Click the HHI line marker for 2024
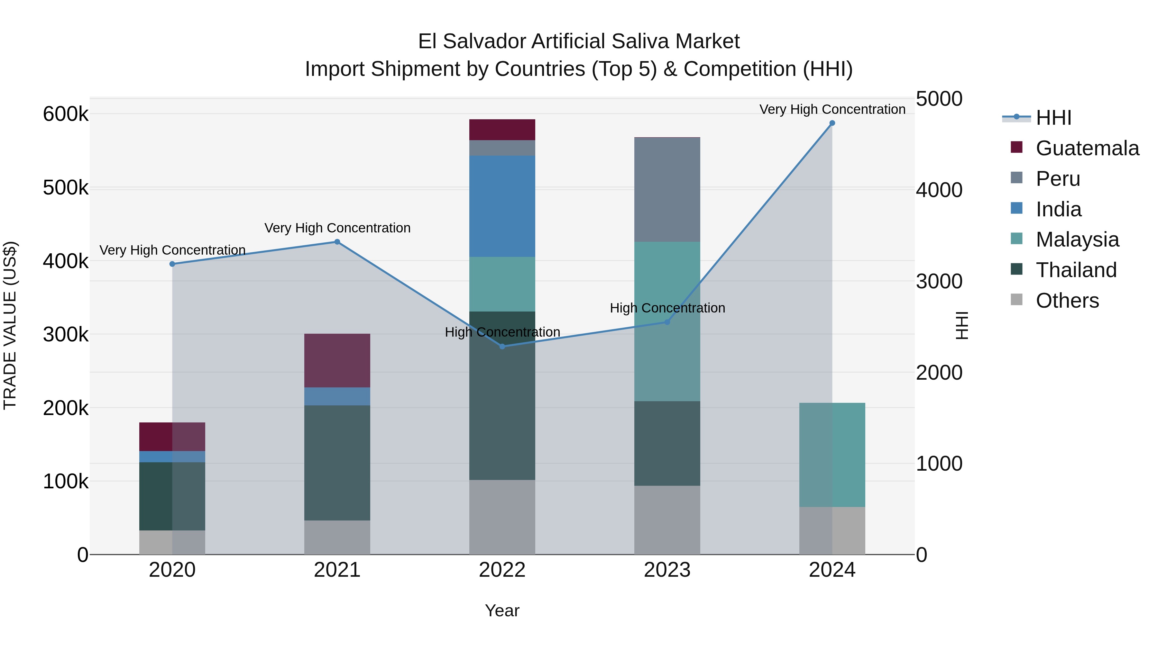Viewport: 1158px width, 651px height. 832,123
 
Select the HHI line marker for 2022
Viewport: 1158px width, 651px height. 502,346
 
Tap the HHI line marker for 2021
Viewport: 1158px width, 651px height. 337,242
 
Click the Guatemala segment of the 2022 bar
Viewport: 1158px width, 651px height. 502,130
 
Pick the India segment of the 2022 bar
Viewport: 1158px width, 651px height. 502,206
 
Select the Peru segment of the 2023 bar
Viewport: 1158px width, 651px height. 667,190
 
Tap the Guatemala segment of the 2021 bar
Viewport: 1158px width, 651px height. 337,360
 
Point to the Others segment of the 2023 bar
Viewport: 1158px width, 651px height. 667,520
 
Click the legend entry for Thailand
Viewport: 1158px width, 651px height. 1076,270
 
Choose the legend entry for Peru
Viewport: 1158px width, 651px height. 1057,179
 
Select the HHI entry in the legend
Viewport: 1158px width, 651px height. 1053,118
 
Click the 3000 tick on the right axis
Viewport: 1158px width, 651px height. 939,282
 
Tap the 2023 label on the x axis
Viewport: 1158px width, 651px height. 667,570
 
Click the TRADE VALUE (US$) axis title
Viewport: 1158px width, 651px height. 10,325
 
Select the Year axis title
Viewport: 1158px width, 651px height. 502,610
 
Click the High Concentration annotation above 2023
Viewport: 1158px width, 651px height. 667,308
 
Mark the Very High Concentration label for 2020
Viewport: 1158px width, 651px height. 172,250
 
